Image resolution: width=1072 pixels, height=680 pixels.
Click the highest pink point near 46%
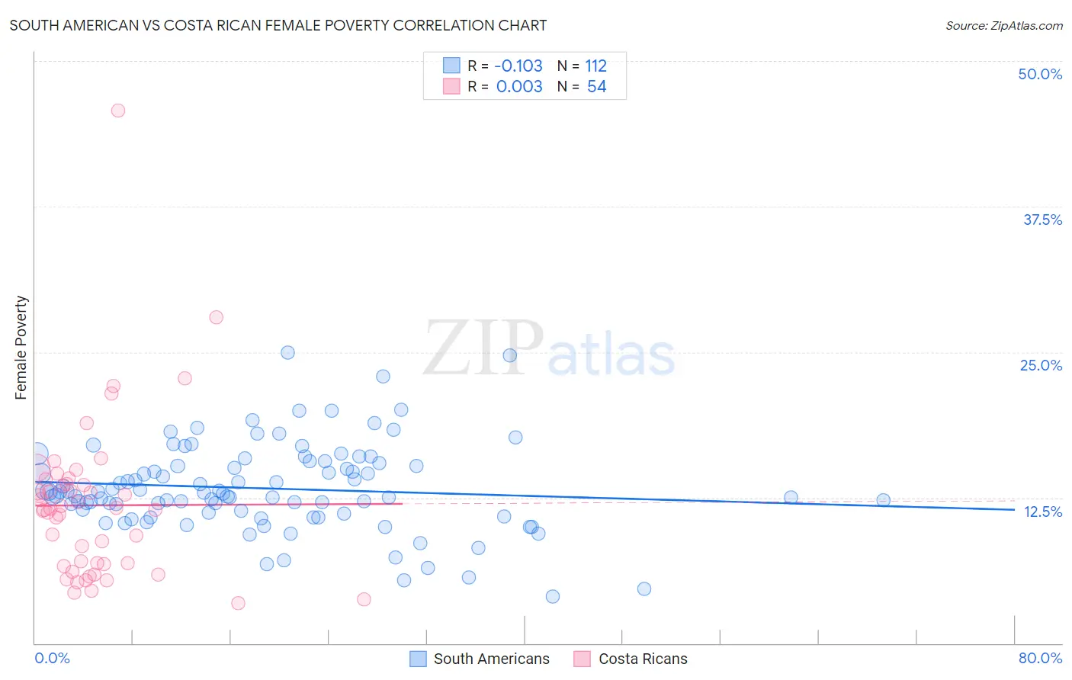pyautogui.click(x=118, y=111)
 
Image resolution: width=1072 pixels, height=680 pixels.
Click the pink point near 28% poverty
pyautogui.click(x=217, y=317)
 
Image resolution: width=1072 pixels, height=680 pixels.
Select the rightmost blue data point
pyautogui.click(x=883, y=500)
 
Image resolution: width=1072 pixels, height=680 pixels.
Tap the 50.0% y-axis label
pyautogui.click(x=1040, y=74)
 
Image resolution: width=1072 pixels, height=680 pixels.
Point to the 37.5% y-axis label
pyautogui.click(x=1042, y=220)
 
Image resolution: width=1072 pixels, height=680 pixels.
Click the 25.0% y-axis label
pyautogui.click(x=1041, y=365)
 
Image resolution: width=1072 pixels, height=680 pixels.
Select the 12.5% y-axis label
pyautogui.click(x=1042, y=512)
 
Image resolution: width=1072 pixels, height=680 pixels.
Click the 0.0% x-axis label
pyautogui.click(x=52, y=658)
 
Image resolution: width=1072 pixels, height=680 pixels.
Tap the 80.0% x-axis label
pyautogui.click(x=1040, y=658)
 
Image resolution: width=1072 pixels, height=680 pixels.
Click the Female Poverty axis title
pyautogui.click(x=21, y=348)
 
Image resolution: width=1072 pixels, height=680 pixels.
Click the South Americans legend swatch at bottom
pyautogui.click(x=418, y=659)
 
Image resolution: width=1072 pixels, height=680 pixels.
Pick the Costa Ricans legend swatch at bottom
pyautogui.click(x=583, y=659)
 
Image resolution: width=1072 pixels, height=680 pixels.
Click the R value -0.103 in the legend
pyautogui.click(x=518, y=66)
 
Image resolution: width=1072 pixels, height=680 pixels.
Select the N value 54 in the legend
pyautogui.click(x=596, y=87)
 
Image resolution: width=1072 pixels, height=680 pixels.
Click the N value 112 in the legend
pyautogui.click(x=595, y=66)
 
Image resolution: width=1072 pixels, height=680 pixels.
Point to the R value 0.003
pyautogui.click(x=519, y=87)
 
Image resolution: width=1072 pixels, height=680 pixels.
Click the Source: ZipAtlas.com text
pyautogui.click(x=1003, y=25)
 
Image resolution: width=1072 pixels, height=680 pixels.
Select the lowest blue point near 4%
pyautogui.click(x=553, y=596)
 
